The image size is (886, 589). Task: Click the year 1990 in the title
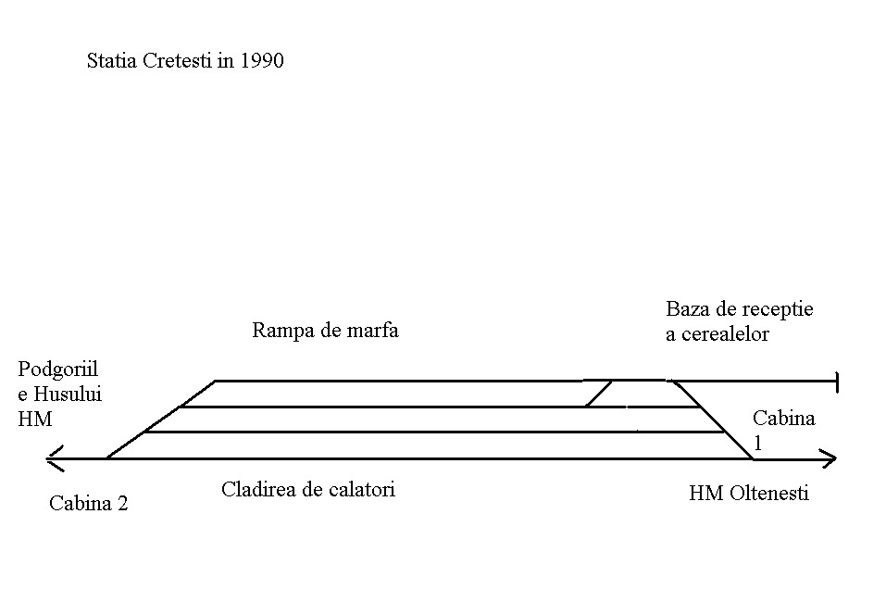coord(260,62)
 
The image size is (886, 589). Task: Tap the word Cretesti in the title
coord(178,62)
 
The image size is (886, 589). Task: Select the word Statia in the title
coord(111,62)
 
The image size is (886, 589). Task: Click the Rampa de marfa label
coord(325,330)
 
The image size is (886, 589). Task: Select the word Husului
coord(67,394)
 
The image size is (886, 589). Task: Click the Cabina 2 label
coord(88,504)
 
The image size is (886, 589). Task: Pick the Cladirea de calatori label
coord(307,489)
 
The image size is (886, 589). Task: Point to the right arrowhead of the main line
coord(830,457)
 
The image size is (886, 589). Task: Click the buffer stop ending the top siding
coord(836,381)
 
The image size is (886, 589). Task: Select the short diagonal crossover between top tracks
coord(598,394)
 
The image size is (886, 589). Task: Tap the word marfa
coord(373,330)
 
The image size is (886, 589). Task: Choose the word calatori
coord(361,489)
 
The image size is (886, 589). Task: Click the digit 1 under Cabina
coord(757,443)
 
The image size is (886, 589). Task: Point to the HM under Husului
coord(35,419)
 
